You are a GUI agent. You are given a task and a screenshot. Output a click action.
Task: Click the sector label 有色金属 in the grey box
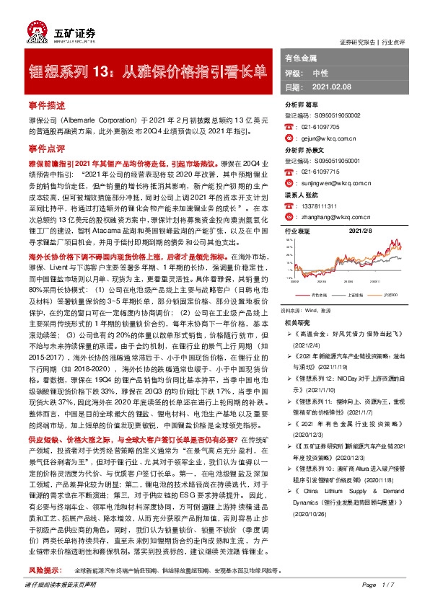[x=301, y=57]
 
